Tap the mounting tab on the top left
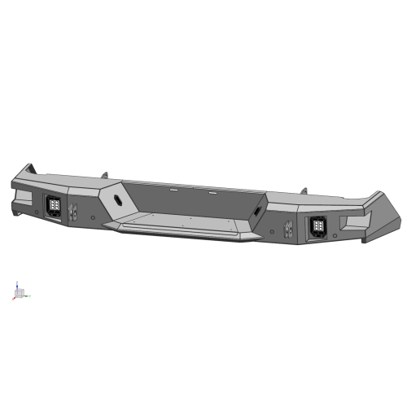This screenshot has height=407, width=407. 104,175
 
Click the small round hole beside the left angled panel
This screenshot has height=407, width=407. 96,217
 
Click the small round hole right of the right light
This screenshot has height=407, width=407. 335,237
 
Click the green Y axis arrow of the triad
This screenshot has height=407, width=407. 28,295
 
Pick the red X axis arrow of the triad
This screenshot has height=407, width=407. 14,298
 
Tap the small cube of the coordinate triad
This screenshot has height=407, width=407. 21,292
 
